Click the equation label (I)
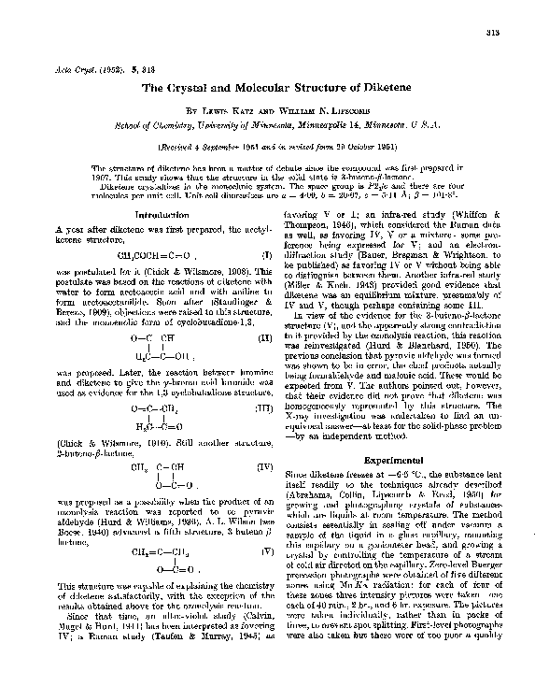266,253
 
